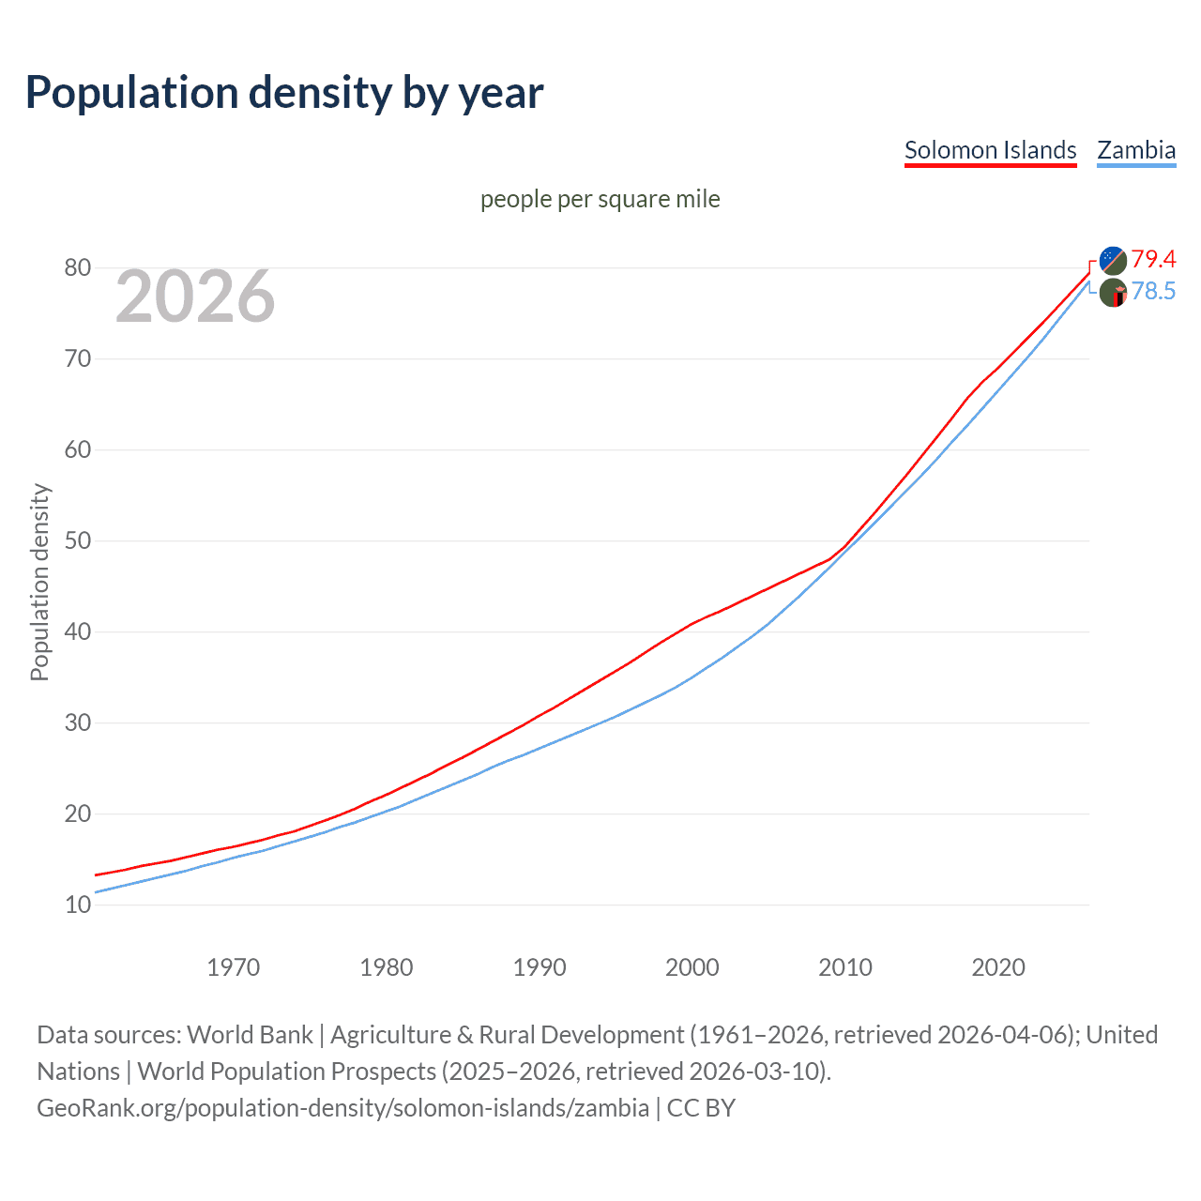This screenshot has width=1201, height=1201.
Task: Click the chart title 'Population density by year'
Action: (x=284, y=93)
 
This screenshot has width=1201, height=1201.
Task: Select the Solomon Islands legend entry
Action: (x=990, y=150)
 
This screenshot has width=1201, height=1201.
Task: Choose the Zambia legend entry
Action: (x=1136, y=150)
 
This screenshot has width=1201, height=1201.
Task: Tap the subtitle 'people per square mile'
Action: (x=600, y=199)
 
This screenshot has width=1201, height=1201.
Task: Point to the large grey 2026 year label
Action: (x=195, y=296)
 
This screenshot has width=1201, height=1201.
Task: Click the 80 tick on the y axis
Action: (x=78, y=268)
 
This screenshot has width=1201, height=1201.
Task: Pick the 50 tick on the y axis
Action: (x=78, y=541)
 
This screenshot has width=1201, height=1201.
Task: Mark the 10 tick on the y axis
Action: (x=78, y=905)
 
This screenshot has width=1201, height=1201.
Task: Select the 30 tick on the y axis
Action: (x=78, y=723)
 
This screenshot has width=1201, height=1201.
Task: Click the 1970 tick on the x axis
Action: (x=233, y=967)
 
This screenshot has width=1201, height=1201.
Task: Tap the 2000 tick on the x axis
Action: (x=692, y=967)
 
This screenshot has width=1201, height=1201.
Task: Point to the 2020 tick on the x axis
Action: (x=997, y=967)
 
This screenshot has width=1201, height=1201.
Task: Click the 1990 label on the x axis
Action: (x=539, y=967)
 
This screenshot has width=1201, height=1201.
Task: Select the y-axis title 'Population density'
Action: (x=39, y=582)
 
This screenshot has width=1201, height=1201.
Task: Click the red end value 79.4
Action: (x=1153, y=259)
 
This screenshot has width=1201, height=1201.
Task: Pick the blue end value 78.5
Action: (x=1153, y=292)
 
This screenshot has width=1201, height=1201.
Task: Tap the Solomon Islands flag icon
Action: (x=1113, y=260)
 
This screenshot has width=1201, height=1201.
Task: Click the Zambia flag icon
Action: (x=1113, y=293)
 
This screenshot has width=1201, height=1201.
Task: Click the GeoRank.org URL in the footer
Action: (x=342, y=1108)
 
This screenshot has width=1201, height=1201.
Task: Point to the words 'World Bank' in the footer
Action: (x=250, y=1035)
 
